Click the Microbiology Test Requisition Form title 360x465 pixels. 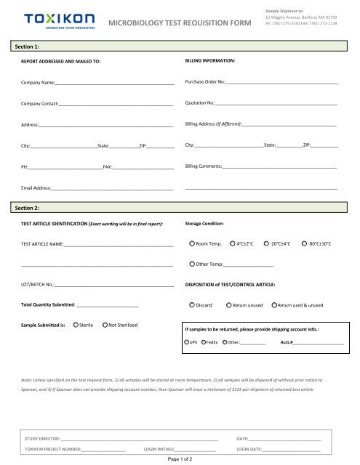[x=180, y=23]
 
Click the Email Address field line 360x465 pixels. [x=112, y=189]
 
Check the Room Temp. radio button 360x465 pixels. [x=192, y=244]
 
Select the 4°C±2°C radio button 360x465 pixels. [x=232, y=244]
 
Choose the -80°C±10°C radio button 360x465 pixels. [x=303, y=244]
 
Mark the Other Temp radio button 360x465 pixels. [x=192, y=264]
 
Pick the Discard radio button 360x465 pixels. [x=192, y=305]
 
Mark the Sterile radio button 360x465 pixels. [x=75, y=325]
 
